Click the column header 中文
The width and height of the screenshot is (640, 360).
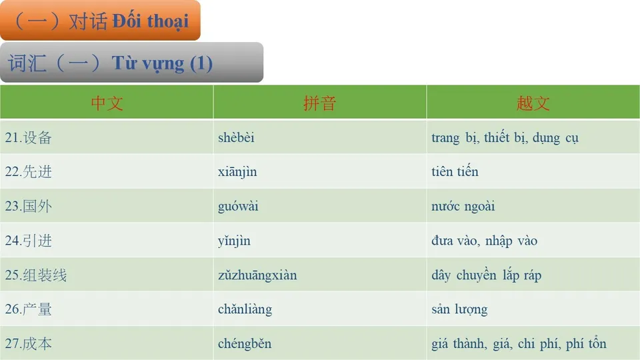107,103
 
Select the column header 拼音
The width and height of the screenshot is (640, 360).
319,103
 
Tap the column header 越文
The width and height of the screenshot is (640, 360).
533,103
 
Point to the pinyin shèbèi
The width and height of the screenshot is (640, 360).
236,138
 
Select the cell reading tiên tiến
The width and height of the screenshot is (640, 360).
455,172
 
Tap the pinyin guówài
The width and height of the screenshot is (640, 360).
238,207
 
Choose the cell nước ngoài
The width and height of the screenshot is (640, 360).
463,207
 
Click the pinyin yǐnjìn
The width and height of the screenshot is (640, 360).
234,241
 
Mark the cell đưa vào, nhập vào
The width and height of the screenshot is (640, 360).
484,241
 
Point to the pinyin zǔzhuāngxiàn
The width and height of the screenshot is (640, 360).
257,275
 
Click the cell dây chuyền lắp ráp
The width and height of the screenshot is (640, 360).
486,275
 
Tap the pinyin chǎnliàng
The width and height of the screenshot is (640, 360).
245,310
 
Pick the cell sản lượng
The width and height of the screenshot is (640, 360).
459,310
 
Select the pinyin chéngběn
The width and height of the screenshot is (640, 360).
245,344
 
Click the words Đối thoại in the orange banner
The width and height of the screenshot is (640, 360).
150,21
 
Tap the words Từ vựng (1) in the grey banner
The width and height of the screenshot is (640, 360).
162,63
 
